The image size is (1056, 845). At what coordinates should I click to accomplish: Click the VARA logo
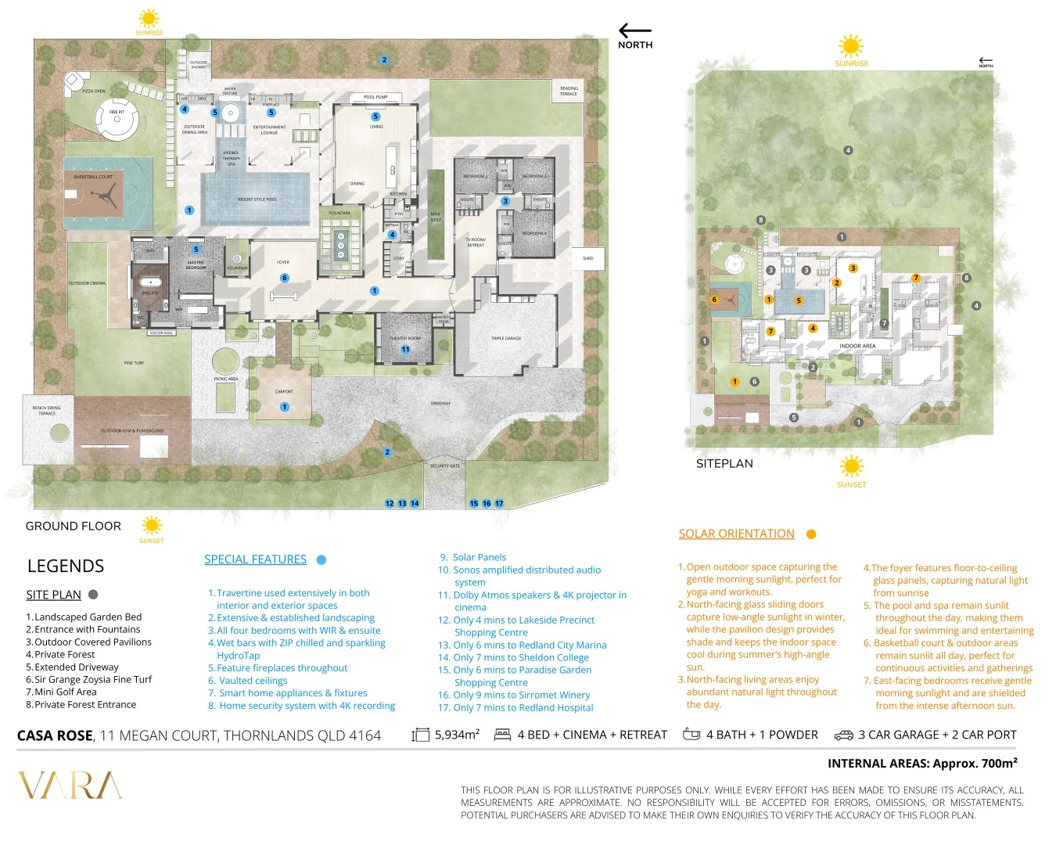70,786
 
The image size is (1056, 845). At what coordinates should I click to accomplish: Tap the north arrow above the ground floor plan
634,31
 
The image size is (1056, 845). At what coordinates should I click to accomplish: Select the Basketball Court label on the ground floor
93,177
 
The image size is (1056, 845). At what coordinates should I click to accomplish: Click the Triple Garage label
505,339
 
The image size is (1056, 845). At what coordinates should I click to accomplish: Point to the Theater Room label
404,339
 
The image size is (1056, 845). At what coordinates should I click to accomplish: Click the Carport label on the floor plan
284,392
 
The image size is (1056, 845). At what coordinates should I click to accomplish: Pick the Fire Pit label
117,112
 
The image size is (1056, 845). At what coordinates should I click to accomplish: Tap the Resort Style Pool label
257,200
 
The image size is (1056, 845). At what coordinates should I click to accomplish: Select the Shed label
587,258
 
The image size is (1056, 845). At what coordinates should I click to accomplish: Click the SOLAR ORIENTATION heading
736,534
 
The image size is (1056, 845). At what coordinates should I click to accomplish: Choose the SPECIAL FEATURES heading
255,559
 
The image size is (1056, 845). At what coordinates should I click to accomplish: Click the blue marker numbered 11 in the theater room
405,350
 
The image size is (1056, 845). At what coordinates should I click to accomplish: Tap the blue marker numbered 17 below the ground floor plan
499,504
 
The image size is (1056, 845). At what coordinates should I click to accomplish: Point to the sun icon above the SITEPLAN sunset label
851,467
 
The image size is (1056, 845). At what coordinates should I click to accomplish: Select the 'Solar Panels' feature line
479,557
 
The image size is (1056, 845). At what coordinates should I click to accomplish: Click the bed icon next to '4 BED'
502,735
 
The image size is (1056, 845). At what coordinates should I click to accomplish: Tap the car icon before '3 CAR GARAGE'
843,735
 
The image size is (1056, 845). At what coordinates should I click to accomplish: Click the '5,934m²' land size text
457,735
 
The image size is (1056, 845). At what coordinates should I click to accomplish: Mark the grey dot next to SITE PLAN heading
93,595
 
